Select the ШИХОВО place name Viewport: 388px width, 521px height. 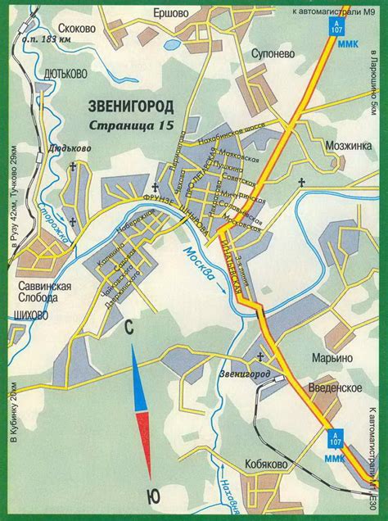tap(34, 312)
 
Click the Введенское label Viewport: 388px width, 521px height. tap(336, 387)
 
